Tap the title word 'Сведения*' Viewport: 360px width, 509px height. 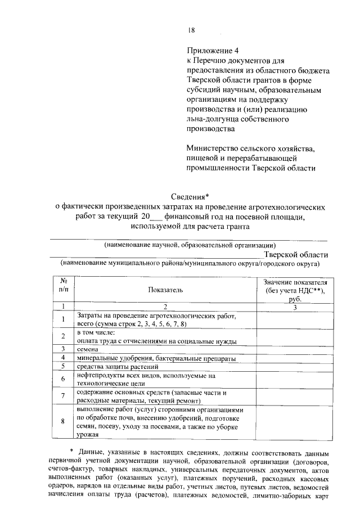(x=190, y=196)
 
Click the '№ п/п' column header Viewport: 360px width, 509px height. (x=64, y=285)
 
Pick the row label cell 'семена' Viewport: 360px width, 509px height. (x=89, y=349)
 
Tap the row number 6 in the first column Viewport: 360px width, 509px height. (x=64, y=380)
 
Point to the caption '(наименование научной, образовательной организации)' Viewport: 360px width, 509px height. (x=190, y=245)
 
